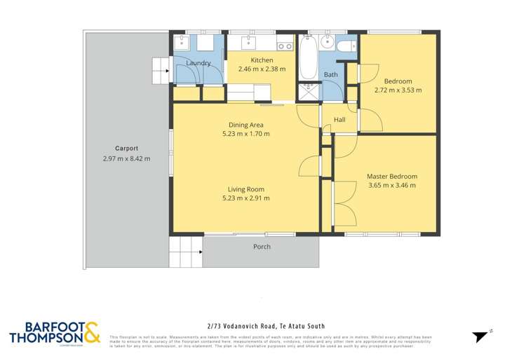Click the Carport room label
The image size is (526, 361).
(x=126, y=149)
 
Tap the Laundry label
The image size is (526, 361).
(x=198, y=63)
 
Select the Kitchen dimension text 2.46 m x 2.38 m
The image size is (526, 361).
(x=262, y=69)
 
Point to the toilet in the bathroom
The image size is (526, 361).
(x=345, y=46)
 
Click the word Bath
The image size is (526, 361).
(x=330, y=74)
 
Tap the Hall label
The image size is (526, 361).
(x=339, y=120)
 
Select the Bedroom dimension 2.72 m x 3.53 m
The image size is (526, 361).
(x=398, y=90)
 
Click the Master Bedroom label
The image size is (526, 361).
(x=392, y=177)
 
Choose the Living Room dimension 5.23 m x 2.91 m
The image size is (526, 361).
(x=245, y=198)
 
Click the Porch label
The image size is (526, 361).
(x=262, y=247)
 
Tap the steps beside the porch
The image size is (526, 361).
(x=186, y=251)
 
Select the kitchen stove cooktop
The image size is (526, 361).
(x=284, y=46)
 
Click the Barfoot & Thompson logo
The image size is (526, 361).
(x=55, y=333)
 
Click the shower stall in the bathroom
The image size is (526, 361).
(x=309, y=92)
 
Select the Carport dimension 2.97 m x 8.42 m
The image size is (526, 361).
(x=126, y=158)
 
